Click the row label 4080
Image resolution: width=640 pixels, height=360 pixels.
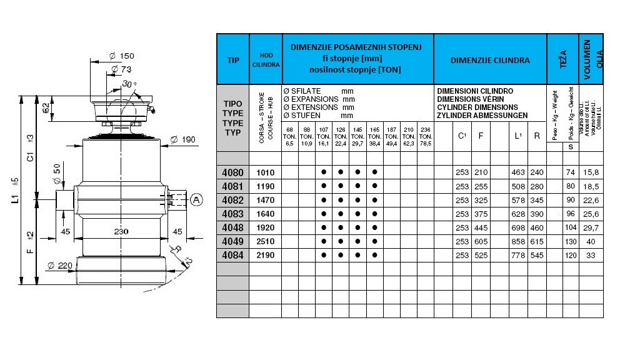(232, 172)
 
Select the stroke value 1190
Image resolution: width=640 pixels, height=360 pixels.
(266, 186)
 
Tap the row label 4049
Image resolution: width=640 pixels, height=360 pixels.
(232, 241)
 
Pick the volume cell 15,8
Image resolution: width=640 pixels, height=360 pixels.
(592, 172)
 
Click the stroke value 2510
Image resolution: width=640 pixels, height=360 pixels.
(266, 241)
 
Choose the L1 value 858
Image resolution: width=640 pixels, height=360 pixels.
(518, 241)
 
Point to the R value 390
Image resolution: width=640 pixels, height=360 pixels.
(537, 214)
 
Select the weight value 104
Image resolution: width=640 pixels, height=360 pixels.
(570, 227)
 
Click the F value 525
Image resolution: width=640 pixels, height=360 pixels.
(481, 255)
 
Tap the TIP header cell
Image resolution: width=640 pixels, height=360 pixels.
(233, 61)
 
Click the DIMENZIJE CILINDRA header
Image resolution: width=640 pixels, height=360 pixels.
(490, 61)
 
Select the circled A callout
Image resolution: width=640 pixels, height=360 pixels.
(196, 200)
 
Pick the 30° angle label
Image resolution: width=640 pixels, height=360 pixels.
(129, 84)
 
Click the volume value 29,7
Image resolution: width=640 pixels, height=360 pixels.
(592, 227)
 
